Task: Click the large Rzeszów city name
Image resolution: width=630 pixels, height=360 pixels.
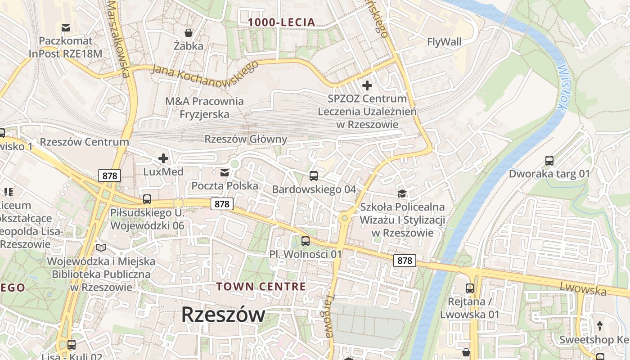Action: pos(223,314)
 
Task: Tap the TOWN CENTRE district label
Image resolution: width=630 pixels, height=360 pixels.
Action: pos(261,287)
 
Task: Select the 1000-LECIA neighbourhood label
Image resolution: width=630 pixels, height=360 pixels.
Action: pos(282,22)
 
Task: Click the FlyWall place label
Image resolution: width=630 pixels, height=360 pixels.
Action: pos(444,42)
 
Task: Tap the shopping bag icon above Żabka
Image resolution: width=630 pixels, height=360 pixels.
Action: pos(189,33)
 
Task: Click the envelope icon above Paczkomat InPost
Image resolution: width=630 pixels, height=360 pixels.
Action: pos(66,28)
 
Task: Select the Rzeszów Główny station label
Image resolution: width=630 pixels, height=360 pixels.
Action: pos(246,139)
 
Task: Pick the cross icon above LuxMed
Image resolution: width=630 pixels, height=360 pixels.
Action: pos(163,158)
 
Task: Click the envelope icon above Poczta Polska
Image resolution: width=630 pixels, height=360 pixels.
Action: pos(224,173)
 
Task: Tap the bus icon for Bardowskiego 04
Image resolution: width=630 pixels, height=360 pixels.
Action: pos(314,176)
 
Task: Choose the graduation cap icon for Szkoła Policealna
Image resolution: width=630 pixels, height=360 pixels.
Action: pos(402,193)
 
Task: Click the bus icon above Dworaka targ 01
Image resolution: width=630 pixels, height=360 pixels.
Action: pos(549,160)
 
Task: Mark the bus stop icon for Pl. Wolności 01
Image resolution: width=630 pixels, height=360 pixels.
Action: pos(306,241)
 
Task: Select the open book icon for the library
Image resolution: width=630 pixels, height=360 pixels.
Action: pos(101,248)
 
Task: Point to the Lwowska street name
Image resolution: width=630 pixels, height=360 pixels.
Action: pos(583,288)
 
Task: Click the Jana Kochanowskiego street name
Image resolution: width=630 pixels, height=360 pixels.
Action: pos(206,72)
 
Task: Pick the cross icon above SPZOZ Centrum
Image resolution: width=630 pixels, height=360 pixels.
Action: pos(367,85)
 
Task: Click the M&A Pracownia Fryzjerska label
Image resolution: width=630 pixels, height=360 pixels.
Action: pos(204,108)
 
